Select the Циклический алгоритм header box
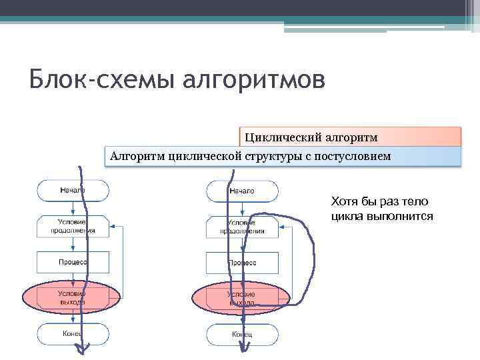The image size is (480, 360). pyautogui.click(x=350, y=137)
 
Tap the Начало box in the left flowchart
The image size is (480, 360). pyautogui.click(x=73, y=191)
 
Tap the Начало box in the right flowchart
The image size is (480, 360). pyautogui.click(x=241, y=191)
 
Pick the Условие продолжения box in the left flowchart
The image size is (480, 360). pyautogui.click(x=73, y=226)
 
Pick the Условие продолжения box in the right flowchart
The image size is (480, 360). pyautogui.click(x=241, y=226)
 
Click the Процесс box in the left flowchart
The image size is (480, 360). pyautogui.click(x=73, y=262)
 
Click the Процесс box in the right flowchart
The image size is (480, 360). pyautogui.click(x=241, y=262)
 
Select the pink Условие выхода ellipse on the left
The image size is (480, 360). pyautogui.click(x=73, y=297)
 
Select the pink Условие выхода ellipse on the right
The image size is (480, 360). pyautogui.click(x=241, y=297)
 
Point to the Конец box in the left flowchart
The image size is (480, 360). pyautogui.click(x=73, y=333)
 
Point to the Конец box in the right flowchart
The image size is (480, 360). pyautogui.click(x=241, y=333)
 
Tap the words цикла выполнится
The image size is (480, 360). pyautogui.click(x=382, y=216)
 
